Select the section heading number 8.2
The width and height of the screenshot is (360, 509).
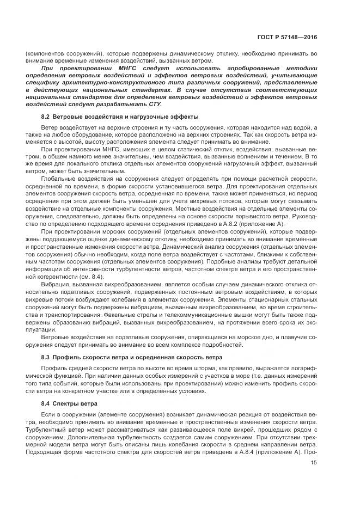click(x=45, y=117)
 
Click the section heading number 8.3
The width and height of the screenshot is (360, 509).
click(x=45, y=357)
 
